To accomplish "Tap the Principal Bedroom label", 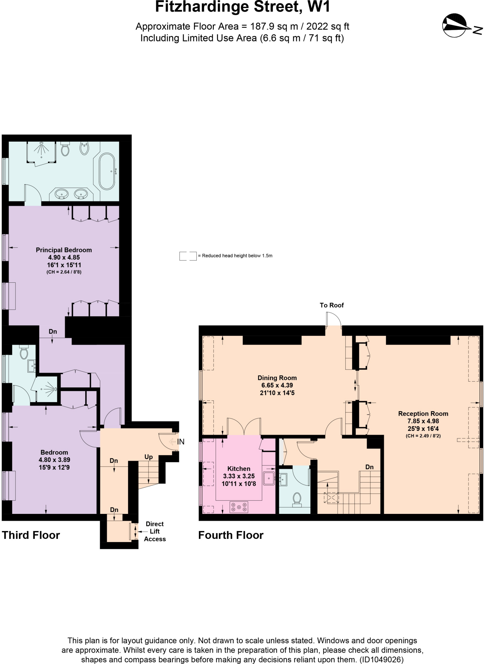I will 64,250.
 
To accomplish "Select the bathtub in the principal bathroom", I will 107,171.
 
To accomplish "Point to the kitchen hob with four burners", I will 239,507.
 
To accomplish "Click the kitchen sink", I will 269,478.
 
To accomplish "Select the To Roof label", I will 331,305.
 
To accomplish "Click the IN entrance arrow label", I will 180,442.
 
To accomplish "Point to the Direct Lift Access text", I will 155,531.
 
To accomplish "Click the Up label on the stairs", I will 148,457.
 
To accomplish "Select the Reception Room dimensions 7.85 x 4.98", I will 423,421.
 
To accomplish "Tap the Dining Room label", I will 277,378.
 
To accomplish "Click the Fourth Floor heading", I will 231,535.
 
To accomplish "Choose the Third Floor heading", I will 31,535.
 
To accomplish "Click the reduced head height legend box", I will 188,256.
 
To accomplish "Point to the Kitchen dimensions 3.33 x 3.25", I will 239,476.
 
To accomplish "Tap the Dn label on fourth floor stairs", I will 369,467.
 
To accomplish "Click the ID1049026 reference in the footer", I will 381,659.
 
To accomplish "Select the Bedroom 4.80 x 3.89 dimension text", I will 54,460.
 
